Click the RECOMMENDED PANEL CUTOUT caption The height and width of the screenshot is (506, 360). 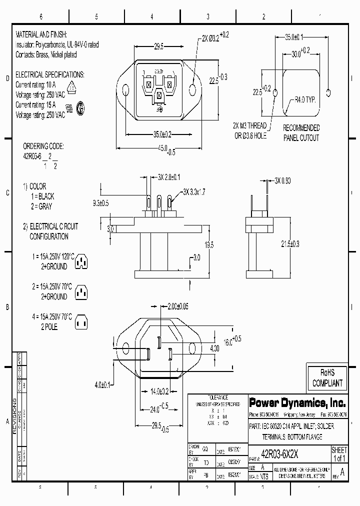(x=301, y=133)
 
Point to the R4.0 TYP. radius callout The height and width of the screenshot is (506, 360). (x=304, y=99)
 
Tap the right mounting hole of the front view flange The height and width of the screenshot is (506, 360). (x=194, y=89)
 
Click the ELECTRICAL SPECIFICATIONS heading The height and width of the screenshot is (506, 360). (x=50, y=74)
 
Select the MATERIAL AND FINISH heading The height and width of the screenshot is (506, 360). (x=48, y=36)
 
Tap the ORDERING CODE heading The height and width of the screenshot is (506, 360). (x=43, y=146)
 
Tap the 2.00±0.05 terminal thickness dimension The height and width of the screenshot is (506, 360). (x=179, y=305)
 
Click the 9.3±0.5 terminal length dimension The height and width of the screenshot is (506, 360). (x=101, y=202)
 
